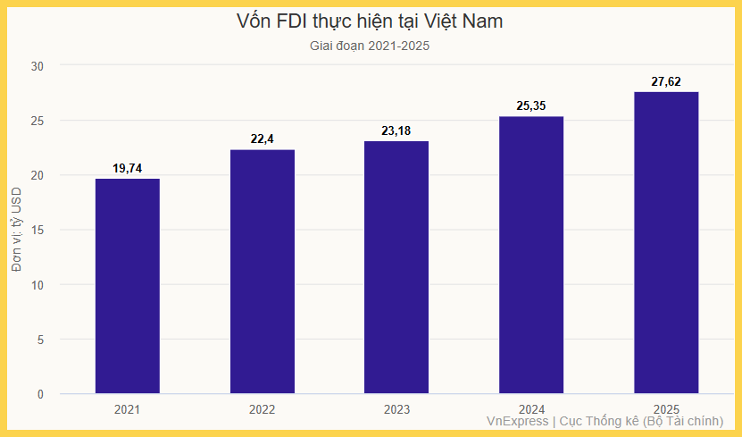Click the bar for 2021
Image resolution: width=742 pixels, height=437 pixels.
click(128, 286)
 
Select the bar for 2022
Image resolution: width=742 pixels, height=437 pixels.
click(263, 272)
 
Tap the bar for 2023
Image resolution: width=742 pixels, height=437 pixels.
click(396, 268)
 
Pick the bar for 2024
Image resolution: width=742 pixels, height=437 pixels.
click(531, 256)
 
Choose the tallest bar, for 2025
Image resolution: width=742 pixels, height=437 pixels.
click(666, 243)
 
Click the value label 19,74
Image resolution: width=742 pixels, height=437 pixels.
click(128, 168)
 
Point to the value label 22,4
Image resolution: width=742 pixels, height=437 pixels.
click(263, 139)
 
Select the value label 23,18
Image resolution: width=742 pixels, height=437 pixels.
click(396, 130)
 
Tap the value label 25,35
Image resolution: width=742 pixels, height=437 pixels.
click(531, 106)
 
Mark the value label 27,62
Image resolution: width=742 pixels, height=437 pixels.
click(666, 81)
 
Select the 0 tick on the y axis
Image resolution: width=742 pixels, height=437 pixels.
click(40, 394)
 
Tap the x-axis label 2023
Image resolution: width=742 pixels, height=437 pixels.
click(396, 410)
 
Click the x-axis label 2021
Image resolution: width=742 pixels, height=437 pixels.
click(128, 410)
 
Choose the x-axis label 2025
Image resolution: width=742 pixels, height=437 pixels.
click(666, 410)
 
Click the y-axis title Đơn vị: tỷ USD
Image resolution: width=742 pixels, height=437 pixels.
click(17, 230)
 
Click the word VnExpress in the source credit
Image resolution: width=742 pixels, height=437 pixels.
click(517, 421)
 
